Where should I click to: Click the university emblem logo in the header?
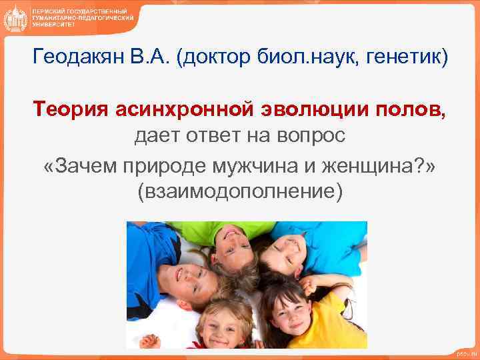(15, 18)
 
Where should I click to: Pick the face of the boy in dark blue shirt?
(185, 280)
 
